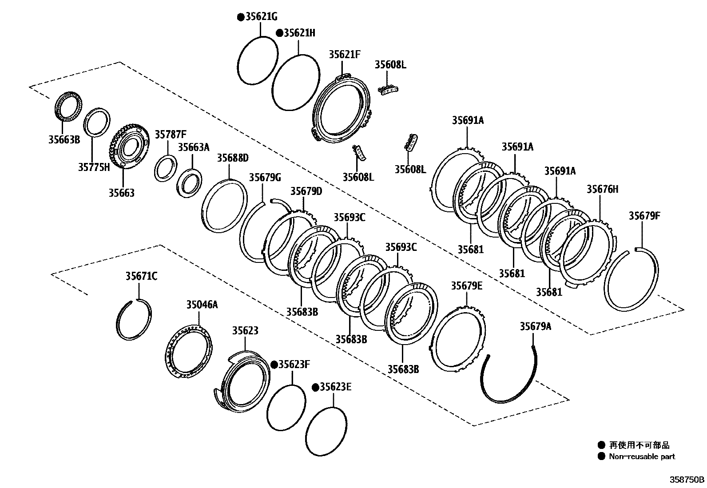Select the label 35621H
[x=299, y=33]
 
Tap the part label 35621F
[x=344, y=55]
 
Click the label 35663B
[x=64, y=140]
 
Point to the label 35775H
[x=94, y=167]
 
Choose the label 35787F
[x=171, y=134]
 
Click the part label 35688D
[x=233, y=158]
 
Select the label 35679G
[x=265, y=178]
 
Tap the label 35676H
[x=602, y=190]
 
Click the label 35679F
[x=644, y=216]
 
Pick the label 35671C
[x=141, y=277]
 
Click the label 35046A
[x=202, y=305]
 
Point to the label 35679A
[x=535, y=327]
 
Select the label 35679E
[x=466, y=286]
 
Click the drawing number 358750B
[x=687, y=480]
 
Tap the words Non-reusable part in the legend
[x=642, y=456]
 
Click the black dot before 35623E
[x=315, y=388]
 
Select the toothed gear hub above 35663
[x=128, y=147]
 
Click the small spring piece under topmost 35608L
[x=389, y=90]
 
